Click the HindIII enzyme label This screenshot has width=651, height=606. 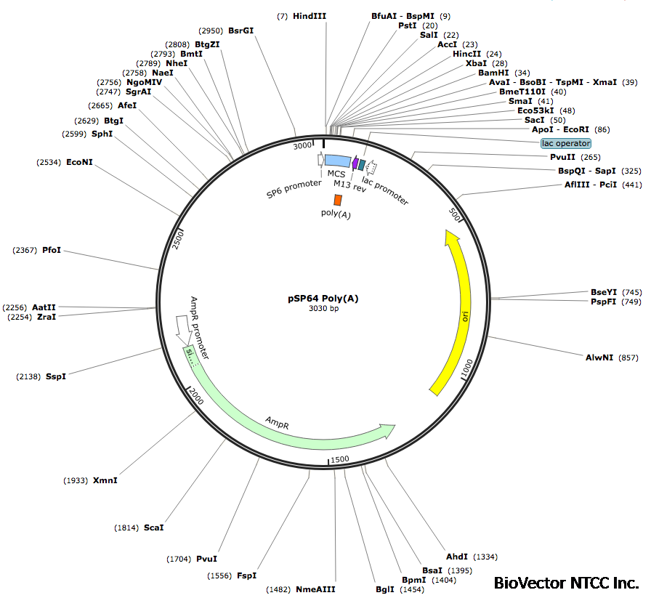pyautogui.click(x=310, y=15)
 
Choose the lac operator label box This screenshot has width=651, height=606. pyautogui.click(x=566, y=143)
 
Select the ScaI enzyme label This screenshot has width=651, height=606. pyautogui.click(x=154, y=527)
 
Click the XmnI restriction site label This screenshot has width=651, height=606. pyautogui.click(x=105, y=480)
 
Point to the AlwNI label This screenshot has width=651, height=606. pyautogui.click(x=599, y=357)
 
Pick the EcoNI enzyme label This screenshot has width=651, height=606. pyautogui.click(x=79, y=162)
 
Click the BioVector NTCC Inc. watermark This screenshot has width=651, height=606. pyautogui.click(x=566, y=583)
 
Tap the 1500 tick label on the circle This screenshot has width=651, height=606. pyautogui.click(x=340, y=459)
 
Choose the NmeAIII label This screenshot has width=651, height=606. pyautogui.click(x=315, y=589)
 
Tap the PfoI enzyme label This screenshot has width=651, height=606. pyautogui.click(x=52, y=250)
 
